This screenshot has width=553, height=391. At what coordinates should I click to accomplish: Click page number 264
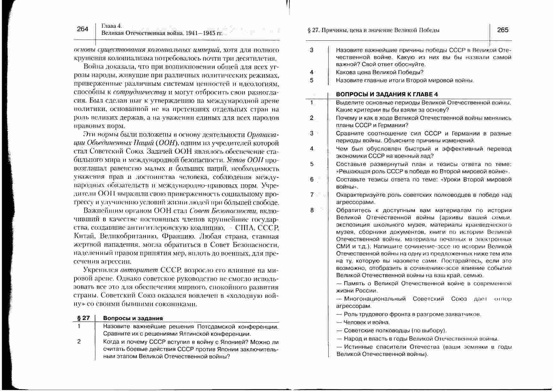pyautogui.click(x=82, y=29)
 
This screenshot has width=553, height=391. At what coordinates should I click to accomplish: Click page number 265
pyautogui.click(x=502, y=30)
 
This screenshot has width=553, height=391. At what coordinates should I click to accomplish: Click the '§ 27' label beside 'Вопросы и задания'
pyautogui.click(x=84, y=318)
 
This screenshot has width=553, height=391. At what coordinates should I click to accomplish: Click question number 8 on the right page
pyautogui.click(x=312, y=210)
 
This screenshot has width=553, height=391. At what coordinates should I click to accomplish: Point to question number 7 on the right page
pyautogui.click(x=312, y=195)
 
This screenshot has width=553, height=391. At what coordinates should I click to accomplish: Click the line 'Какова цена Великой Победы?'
pyautogui.click(x=380, y=72)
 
